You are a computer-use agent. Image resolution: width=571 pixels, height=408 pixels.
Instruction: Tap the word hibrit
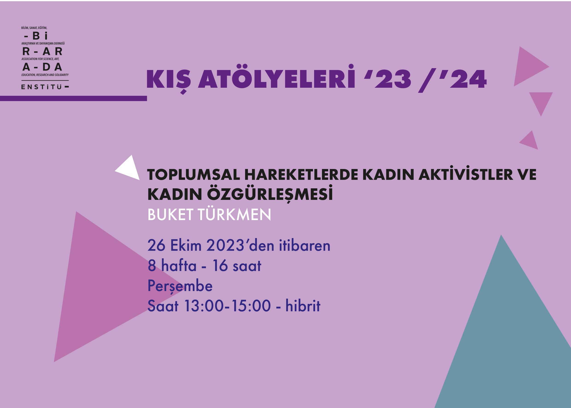pos(303,306)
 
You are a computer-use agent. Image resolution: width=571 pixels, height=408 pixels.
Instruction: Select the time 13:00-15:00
pos(227,306)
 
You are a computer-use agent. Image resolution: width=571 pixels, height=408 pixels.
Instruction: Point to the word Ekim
pos(186,245)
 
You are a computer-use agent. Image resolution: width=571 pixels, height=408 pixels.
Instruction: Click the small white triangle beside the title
pos(130,169)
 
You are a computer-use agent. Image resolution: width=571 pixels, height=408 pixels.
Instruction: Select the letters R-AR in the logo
pos(42,51)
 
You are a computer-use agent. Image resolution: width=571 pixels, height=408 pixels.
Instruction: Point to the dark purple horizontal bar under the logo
pos(73,98)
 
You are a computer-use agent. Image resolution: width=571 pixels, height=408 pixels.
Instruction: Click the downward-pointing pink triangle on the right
pos(541,102)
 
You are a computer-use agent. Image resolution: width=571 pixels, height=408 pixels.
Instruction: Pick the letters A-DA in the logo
pos(42,67)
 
